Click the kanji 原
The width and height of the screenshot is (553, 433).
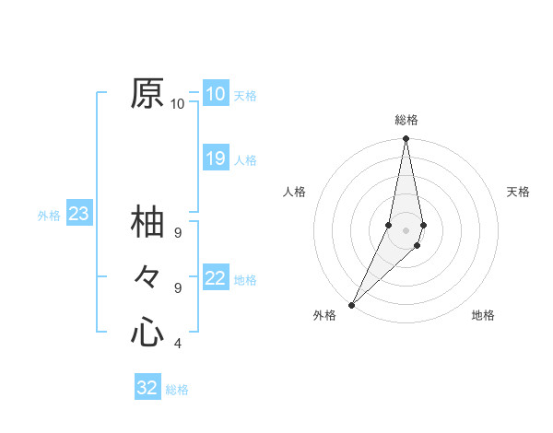pyautogui.click(x=147, y=93)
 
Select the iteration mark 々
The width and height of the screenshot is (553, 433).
pyautogui.click(x=147, y=276)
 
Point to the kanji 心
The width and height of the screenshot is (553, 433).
pyautogui.click(x=147, y=331)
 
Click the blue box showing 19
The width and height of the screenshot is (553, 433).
pyautogui.click(x=216, y=158)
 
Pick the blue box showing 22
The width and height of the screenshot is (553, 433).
pyautogui.click(x=216, y=278)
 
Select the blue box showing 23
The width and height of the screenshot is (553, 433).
pyautogui.click(x=78, y=215)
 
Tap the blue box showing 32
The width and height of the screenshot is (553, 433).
pyautogui.click(x=147, y=388)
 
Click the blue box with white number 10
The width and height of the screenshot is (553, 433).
pyautogui.click(x=216, y=94)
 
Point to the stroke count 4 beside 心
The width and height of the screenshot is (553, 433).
pyautogui.click(x=177, y=344)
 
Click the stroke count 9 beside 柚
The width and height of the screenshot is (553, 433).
pyautogui.click(x=177, y=233)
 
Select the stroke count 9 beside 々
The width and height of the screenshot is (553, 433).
pyautogui.click(x=177, y=288)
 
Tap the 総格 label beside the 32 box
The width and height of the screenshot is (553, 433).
pyautogui.click(x=177, y=390)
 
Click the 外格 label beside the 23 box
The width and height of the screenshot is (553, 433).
pyautogui.click(x=49, y=216)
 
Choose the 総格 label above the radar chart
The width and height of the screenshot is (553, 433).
pyautogui.click(x=406, y=120)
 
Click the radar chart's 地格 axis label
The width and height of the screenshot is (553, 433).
pyautogui.click(x=483, y=315)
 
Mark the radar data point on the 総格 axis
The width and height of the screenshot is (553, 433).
pyautogui.click(x=406, y=139)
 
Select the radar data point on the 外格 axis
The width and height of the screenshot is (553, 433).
pyautogui.click(x=352, y=305)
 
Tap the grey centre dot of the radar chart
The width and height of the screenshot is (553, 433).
pyautogui.click(x=406, y=230)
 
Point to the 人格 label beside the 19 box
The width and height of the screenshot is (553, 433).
pyautogui.click(x=245, y=160)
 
